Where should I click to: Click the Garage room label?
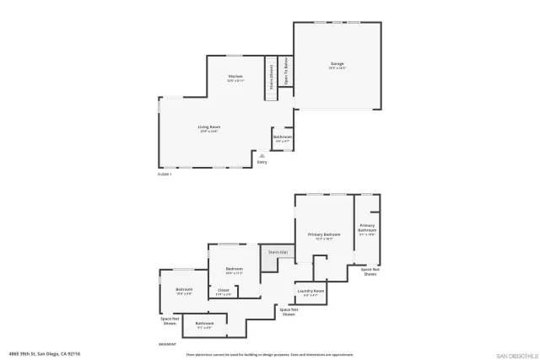pyautogui.click(x=337, y=63)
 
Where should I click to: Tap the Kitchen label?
pyautogui.click(x=235, y=77)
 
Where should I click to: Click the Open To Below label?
pyautogui.click(x=287, y=67)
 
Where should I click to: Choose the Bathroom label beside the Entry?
pyautogui.click(x=283, y=137)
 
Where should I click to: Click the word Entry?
pyautogui.click(x=262, y=162)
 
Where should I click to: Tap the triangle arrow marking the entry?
pyautogui.click(x=262, y=155)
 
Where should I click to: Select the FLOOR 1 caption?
pyautogui.click(x=165, y=175)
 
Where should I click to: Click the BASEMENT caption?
pyautogui.click(x=167, y=344)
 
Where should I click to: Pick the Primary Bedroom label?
pyautogui.click(x=324, y=234)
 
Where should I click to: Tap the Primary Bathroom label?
pyautogui.click(x=367, y=228)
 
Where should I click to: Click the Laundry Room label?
pyautogui.click(x=310, y=291)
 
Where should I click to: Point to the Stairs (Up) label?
pyautogui.click(x=278, y=252)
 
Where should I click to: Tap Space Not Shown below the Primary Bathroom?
pyautogui.click(x=370, y=271)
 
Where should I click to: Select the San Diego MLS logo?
pyautogui.click(x=513, y=355)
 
